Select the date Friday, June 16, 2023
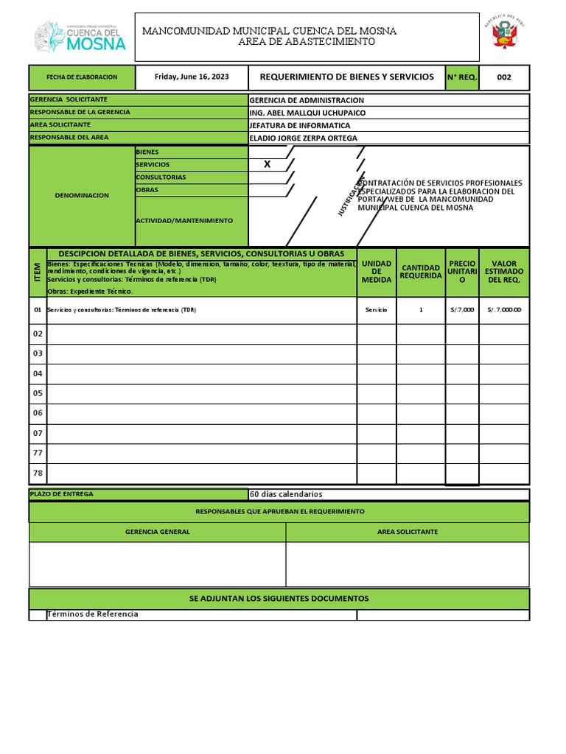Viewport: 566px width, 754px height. click(192, 77)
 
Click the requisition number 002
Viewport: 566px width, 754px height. click(504, 77)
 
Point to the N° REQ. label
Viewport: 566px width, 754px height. click(462, 77)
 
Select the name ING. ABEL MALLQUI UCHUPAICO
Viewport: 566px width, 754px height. click(307, 113)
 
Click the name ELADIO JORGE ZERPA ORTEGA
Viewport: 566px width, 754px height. click(303, 138)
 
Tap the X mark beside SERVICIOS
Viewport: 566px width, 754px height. click(268, 164)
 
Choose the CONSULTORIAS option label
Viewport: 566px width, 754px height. click(161, 177)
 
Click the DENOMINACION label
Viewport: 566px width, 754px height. click(82, 195)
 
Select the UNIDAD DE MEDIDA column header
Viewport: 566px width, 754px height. click(377, 272)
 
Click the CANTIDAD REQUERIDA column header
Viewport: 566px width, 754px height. click(421, 272)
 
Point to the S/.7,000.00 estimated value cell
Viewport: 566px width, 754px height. click(504, 310)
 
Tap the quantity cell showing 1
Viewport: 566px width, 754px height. click(421, 310)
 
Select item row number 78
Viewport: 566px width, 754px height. click(38, 473)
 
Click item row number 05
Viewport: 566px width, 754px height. click(38, 393)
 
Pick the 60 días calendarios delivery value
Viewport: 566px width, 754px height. click(286, 494)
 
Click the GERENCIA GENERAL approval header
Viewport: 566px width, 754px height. click(157, 532)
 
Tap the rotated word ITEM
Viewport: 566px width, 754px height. click(38, 272)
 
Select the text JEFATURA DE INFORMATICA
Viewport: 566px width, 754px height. click(300, 125)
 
